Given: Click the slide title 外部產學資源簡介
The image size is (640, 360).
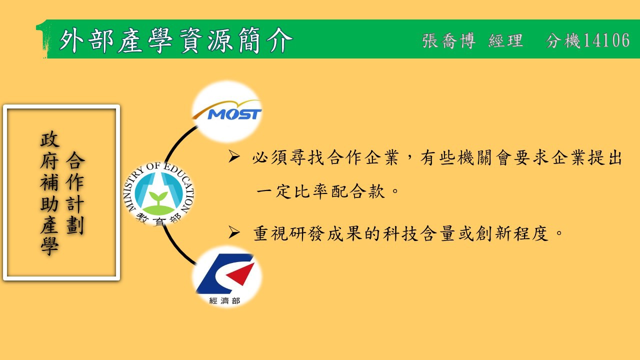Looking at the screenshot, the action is (176, 40).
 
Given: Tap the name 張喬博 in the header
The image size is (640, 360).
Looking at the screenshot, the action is (448, 40).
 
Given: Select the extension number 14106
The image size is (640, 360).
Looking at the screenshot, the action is (606, 40).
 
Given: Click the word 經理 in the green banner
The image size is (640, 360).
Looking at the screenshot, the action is (505, 40).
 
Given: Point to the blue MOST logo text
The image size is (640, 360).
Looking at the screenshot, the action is (234, 114).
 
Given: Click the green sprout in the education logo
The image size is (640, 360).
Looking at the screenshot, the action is (158, 197).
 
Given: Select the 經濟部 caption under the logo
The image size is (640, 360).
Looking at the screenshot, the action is (224, 300).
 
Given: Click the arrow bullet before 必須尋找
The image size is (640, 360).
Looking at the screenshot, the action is (234, 156).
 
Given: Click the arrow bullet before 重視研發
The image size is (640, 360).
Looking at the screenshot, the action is (234, 232).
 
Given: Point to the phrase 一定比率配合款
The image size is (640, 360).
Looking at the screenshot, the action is (320, 191).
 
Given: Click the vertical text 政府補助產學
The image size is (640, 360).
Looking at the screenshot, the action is (49, 193).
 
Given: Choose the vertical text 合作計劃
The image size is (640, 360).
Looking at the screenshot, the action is (75, 193).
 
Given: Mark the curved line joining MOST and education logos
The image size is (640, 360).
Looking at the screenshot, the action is (177, 143).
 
